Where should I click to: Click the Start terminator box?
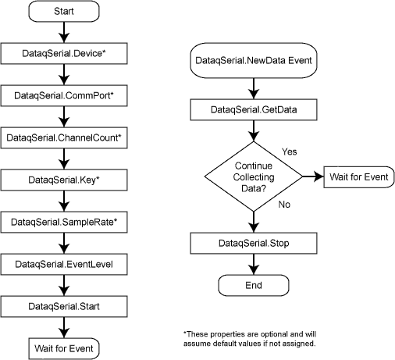click(64, 11)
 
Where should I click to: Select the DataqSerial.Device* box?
click(64, 53)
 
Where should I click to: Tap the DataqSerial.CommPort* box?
click(64, 95)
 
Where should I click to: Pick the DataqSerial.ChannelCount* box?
click(64, 137)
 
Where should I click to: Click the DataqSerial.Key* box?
click(64, 180)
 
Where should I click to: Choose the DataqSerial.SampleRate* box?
click(64, 222)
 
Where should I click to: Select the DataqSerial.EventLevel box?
click(64, 264)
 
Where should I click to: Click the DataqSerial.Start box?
click(64, 306)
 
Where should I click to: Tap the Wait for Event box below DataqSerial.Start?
click(64, 348)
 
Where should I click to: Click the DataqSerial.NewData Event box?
click(254, 60)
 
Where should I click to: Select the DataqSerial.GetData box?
click(254, 109)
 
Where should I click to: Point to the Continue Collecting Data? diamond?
click(254, 176)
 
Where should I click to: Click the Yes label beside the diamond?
click(290, 151)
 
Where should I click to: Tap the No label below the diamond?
click(284, 205)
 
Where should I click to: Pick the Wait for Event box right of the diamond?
click(359, 177)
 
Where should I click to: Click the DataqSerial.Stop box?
click(254, 244)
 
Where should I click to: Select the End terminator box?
click(254, 285)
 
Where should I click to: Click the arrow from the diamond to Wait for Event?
click(313, 176)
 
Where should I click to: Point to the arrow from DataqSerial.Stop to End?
click(254, 264)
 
